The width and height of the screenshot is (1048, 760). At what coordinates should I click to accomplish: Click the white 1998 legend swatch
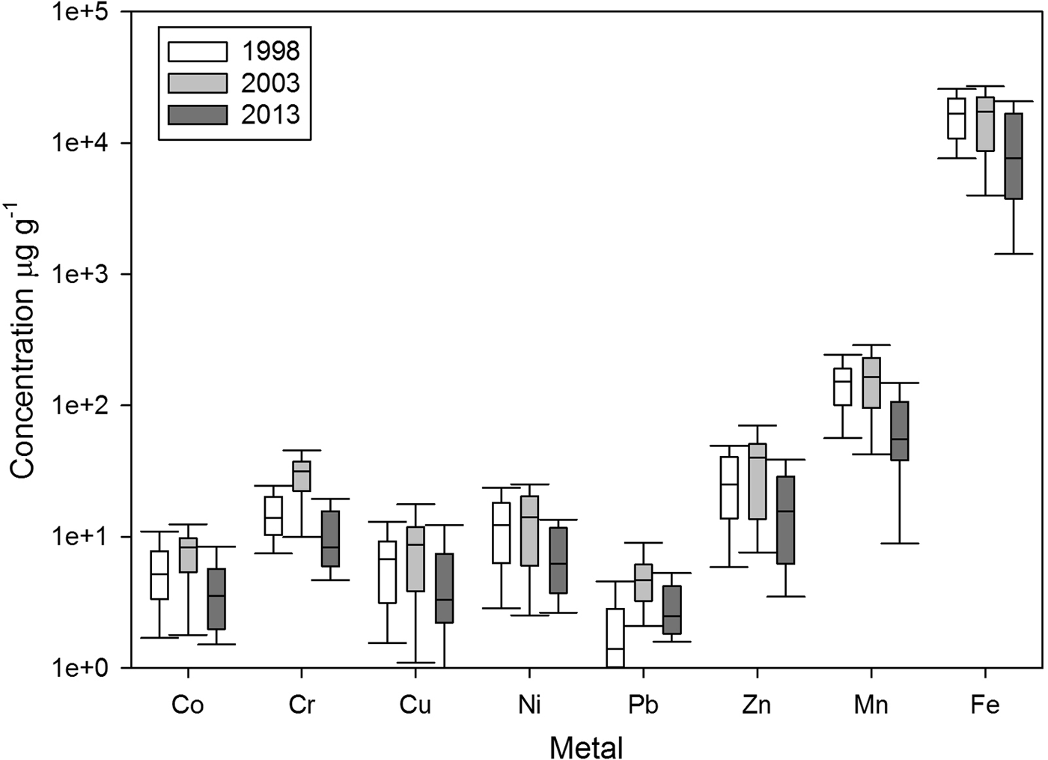tap(198, 52)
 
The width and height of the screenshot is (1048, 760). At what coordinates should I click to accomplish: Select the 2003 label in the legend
tap(270, 83)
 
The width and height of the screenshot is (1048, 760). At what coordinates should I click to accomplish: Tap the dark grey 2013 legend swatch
tap(198, 115)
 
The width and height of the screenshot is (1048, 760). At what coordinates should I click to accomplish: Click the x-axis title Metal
tap(586, 747)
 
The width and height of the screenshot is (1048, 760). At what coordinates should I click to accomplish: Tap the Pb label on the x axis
tap(643, 705)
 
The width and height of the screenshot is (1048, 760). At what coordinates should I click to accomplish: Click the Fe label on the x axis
tap(985, 705)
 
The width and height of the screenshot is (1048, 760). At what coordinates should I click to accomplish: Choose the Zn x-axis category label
tap(757, 705)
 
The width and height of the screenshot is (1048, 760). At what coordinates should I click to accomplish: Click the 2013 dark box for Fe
tap(1014, 156)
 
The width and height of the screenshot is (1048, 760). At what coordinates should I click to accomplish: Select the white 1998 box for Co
tap(159, 575)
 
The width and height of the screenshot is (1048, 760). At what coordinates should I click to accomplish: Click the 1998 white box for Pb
tap(615, 637)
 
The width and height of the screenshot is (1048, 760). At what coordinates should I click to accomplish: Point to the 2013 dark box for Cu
tap(444, 588)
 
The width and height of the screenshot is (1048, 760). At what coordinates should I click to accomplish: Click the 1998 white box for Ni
tap(501, 532)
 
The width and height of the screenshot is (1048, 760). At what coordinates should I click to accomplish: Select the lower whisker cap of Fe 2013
tap(1014, 254)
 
